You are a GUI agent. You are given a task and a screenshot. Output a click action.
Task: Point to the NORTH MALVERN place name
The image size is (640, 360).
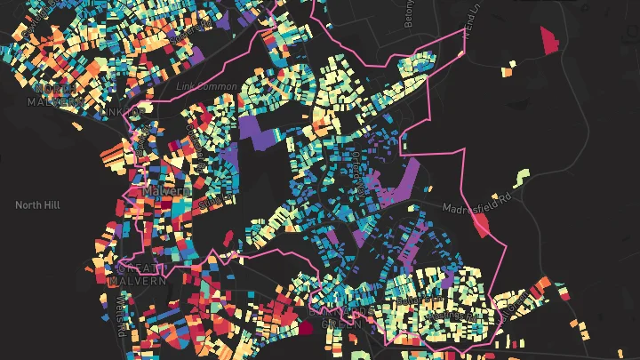pyautogui.click(x=55, y=94)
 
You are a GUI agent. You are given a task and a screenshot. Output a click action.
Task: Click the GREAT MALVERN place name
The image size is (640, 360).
pyautogui.click(x=137, y=275)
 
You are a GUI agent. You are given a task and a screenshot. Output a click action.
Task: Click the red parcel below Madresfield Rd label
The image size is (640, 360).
pyautogui.click(x=482, y=223)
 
